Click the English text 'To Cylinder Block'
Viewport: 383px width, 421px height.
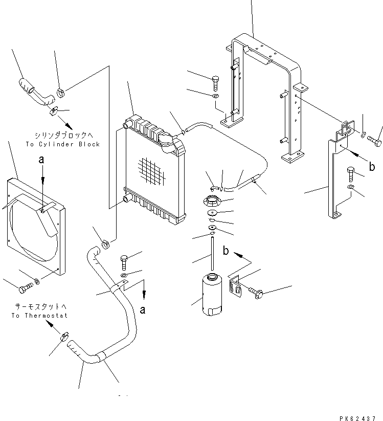tap(62, 144)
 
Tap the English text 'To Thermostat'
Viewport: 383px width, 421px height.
tap(39, 316)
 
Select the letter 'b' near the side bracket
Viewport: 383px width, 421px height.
tap(372, 167)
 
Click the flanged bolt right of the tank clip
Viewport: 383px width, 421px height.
tap(256, 292)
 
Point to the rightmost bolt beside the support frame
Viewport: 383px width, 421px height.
tap(378, 136)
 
